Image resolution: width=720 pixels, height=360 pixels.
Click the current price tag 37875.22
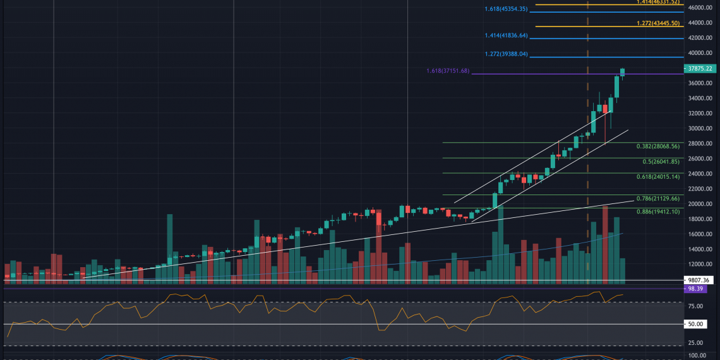click(702, 68)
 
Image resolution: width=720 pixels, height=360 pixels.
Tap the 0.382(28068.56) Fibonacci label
click(657, 147)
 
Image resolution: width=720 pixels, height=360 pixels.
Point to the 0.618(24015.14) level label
click(657, 177)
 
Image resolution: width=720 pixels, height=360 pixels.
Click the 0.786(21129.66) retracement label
click(657, 198)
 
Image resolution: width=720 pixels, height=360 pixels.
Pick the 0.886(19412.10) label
click(657, 211)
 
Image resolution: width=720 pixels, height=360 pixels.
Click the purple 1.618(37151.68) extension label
click(448, 71)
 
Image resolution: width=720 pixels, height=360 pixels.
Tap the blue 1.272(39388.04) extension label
click(506, 54)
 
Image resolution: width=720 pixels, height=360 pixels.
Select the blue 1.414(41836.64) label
click(506, 35)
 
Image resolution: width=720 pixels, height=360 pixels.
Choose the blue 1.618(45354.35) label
click(506, 9)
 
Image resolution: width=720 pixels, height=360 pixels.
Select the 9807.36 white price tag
click(702, 280)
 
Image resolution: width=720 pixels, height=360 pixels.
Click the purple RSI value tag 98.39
click(702, 288)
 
